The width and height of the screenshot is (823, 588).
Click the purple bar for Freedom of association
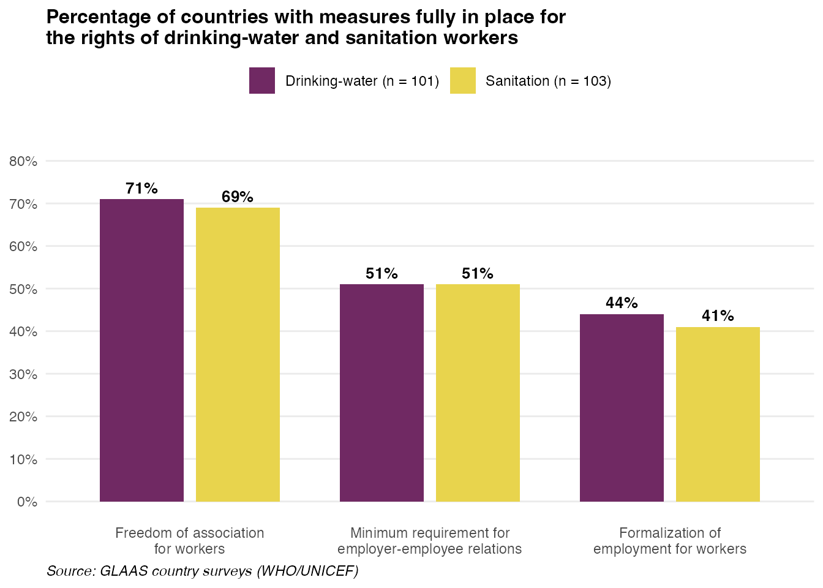pyautogui.click(x=141, y=350)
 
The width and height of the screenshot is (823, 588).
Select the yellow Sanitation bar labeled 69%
pyautogui.click(x=238, y=355)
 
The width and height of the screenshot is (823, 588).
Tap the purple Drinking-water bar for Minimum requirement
pyautogui.click(x=381, y=393)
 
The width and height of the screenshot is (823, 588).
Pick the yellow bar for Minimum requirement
pyautogui.click(x=478, y=393)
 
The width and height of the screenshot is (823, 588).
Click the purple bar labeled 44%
pyautogui.click(x=622, y=408)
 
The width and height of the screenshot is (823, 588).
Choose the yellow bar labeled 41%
pyautogui.click(x=718, y=414)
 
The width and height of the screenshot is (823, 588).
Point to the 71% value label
pyautogui.click(x=141, y=189)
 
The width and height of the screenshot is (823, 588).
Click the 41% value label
pyautogui.click(x=718, y=316)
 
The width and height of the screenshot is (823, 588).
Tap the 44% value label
pyautogui.click(x=622, y=303)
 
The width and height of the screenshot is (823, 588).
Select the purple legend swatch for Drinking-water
pyautogui.click(x=262, y=81)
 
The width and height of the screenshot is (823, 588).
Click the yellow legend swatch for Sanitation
pyautogui.click(x=462, y=81)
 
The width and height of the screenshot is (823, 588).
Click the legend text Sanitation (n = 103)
pyautogui.click(x=548, y=81)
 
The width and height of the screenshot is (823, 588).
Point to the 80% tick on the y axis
pyautogui.click(x=23, y=162)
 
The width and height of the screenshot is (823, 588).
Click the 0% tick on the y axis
pyautogui.click(x=27, y=502)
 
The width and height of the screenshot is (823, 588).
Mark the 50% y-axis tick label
pyautogui.click(x=23, y=289)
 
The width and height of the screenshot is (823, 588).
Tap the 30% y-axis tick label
pyautogui.click(x=23, y=374)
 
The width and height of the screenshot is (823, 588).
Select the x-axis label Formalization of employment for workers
pyautogui.click(x=670, y=541)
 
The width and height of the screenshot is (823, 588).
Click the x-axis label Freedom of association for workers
pyautogui.click(x=189, y=541)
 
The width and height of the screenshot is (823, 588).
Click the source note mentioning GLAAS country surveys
pyautogui.click(x=202, y=571)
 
